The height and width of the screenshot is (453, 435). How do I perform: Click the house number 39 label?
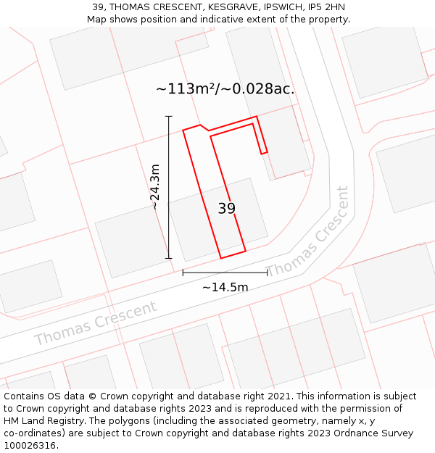pyautogui.click(x=226, y=209)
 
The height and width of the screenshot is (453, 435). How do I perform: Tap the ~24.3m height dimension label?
pyautogui.click(x=155, y=187)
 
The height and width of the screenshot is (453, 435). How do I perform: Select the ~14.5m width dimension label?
pyautogui.click(x=225, y=287)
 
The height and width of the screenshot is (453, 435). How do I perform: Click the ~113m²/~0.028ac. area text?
pyautogui.click(x=225, y=89)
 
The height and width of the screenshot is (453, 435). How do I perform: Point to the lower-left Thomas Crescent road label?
pyautogui.click(x=95, y=323)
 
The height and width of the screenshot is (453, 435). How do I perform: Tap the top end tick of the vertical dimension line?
pyautogui.click(x=169, y=116)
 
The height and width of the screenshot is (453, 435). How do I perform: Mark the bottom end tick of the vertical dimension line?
pyautogui.click(x=169, y=258)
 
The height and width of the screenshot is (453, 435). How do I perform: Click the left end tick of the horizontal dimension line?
pyautogui.click(x=183, y=273)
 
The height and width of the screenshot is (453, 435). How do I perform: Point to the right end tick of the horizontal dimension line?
pyautogui.click(x=268, y=273)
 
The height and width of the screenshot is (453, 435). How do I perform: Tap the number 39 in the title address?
pyautogui.click(x=98, y=7)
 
